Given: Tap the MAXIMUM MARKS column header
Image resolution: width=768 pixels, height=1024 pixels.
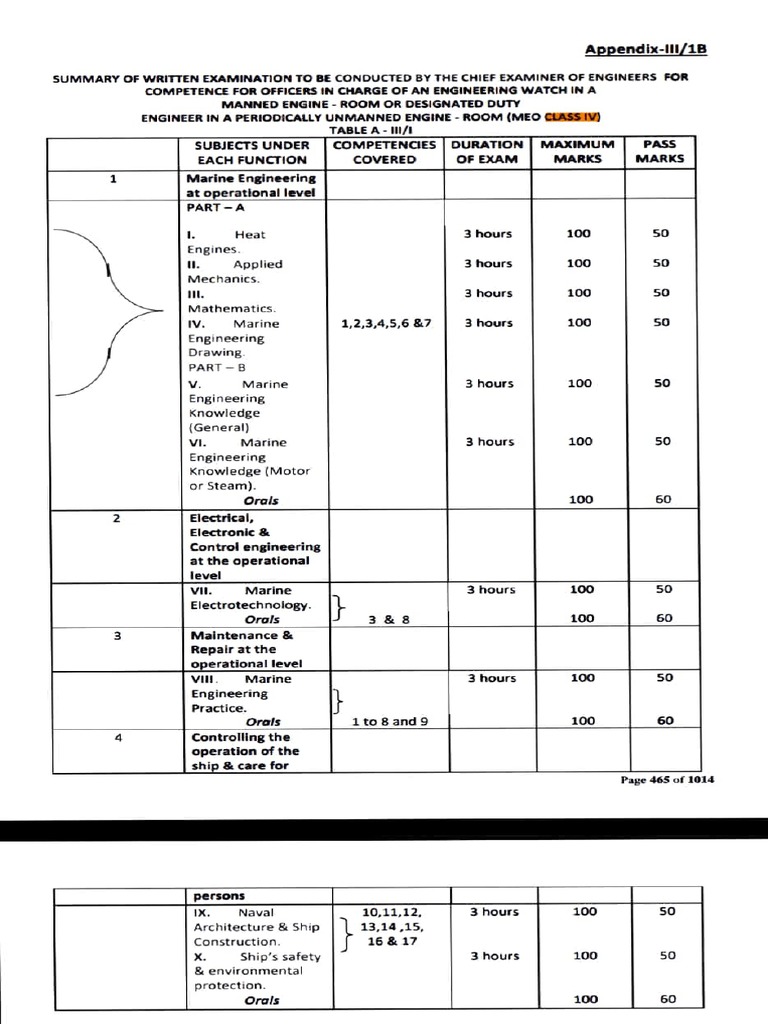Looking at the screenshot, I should [x=577, y=152].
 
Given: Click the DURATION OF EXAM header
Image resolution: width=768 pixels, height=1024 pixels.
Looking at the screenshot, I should [x=490, y=152].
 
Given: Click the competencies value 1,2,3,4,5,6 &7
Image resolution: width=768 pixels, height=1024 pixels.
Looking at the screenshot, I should [x=385, y=324].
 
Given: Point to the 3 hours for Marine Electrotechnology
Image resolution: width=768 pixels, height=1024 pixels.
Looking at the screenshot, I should [x=490, y=590].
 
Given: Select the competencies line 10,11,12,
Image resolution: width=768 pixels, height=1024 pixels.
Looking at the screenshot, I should [x=391, y=912].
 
